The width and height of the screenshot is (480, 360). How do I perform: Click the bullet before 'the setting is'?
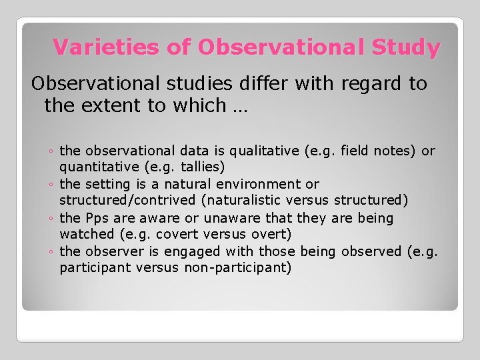click(51, 185)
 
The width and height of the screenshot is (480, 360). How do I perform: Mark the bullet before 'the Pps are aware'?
click(51, 219)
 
